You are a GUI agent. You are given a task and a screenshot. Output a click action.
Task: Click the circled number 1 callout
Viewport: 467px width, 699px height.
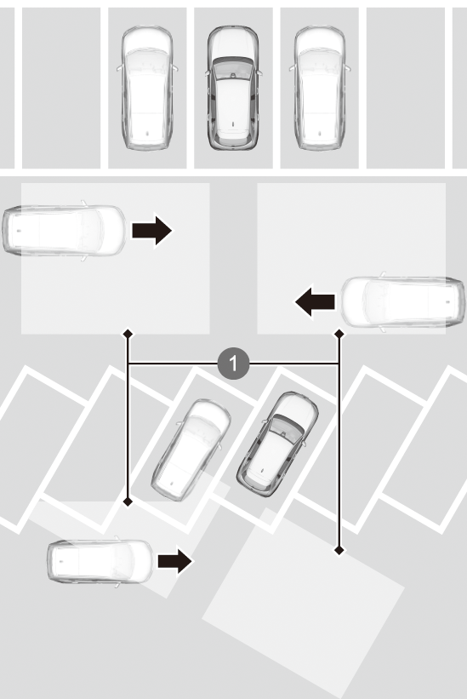(233, 364)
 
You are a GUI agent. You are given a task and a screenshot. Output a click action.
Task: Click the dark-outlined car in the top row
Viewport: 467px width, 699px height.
(233, 88)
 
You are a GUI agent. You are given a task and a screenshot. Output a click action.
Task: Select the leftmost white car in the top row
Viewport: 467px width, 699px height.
(147, 88)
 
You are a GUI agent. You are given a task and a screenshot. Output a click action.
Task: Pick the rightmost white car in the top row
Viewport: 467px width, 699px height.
(320, 88)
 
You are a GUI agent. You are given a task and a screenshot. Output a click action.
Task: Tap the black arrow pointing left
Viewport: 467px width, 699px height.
(316, 301)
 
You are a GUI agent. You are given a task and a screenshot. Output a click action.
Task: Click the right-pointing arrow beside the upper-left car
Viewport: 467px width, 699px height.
(151, 230)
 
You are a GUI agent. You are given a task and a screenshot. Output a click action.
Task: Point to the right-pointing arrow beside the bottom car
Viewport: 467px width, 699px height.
(175, 561)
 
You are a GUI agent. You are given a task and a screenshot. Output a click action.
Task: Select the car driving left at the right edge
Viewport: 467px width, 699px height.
(402, 301)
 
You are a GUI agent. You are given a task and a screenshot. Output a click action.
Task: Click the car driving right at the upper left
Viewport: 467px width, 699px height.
(65, 230)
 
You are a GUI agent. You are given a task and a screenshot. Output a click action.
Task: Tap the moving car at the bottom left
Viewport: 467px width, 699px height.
(100, 561)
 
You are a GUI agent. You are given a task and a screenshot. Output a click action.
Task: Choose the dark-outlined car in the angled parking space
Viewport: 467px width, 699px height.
(277, 444)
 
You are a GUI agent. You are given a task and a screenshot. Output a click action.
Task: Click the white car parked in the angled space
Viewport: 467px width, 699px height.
(191, 450)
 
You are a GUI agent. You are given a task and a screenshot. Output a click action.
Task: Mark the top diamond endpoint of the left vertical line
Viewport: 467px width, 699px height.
(128, 334)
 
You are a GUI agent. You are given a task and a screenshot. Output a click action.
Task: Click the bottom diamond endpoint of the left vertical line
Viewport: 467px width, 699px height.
(128, 502)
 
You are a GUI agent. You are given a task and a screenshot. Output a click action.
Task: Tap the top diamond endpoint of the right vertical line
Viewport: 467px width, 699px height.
(339, 334)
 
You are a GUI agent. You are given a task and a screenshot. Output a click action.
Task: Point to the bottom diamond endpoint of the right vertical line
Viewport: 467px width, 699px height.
(339, 551)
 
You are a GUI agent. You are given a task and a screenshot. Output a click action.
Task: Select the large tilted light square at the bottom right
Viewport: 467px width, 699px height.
(303, 597)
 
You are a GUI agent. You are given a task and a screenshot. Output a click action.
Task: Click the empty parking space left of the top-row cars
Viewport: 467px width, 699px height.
(61, 88)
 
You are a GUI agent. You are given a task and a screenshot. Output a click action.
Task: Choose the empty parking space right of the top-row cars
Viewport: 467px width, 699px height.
(406, 88)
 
